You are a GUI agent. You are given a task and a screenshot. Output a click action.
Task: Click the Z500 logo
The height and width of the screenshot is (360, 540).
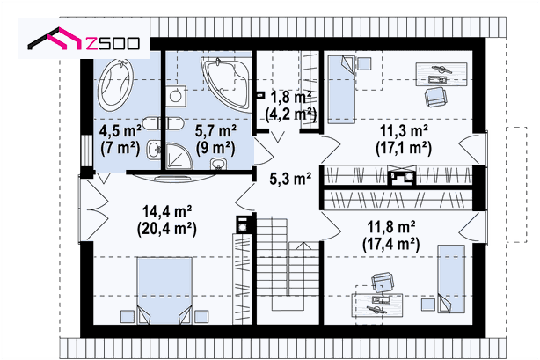pyautogui.click(x=84, y=40)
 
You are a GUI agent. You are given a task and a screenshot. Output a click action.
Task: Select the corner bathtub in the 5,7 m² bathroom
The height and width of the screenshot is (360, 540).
pyautogui.click(x=227, y=84)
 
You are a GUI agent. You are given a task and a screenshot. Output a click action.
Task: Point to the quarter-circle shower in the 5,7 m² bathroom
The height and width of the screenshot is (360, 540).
pyautogui.click(x=179, y=157)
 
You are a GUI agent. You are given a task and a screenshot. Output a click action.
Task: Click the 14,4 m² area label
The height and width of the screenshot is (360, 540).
pyautogui.click(x=167, y=211)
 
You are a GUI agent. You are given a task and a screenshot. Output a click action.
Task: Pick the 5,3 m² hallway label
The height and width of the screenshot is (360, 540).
pyautogui.click(x=290, y=179)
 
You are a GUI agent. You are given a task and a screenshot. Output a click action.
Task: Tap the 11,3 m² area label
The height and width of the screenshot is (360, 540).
pyautogui.click(x=404, y=131)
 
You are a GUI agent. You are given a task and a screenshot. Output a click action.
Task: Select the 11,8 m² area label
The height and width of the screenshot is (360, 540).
pyautogui.click(x=391, y=227)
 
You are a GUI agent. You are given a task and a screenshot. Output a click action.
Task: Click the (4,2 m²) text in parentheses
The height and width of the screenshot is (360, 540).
pyautogui.click(x=291, y=114)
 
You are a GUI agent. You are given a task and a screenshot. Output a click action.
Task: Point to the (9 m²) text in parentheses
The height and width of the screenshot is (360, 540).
pyautogui.click(x=215, y=148)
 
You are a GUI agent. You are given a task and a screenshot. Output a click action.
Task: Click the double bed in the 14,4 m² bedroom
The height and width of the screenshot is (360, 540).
pyautogui.click(x=164, y=290)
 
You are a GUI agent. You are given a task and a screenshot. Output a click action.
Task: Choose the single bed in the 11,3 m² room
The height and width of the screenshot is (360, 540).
pyautogui.click(x=341, y=90)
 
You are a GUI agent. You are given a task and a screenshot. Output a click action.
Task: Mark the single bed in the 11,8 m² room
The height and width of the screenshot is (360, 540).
pyautogui.click(x=451, y=279)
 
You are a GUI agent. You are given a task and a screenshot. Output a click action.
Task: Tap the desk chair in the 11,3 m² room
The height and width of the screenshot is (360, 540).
pyautogui.click(x=435, y=97)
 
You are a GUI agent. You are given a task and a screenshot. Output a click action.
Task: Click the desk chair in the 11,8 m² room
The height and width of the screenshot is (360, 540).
pyautogui.click(x=383, y=282)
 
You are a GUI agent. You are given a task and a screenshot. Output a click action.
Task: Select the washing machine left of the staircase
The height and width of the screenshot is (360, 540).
pyautogui.click(x=243, y=225)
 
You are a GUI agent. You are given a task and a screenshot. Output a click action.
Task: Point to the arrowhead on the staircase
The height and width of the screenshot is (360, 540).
pyautogui.click(x=303, y=246)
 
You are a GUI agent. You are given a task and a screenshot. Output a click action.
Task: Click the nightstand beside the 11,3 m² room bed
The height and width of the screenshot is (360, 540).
pyautogui.click(x=364, y=63)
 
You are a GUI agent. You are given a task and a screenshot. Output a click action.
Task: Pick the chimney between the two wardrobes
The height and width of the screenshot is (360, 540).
pyautogui.click(x=402, y=176)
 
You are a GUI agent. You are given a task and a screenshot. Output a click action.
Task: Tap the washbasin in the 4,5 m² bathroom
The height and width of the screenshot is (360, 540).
pyautogui.click(x=154, y=151)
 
